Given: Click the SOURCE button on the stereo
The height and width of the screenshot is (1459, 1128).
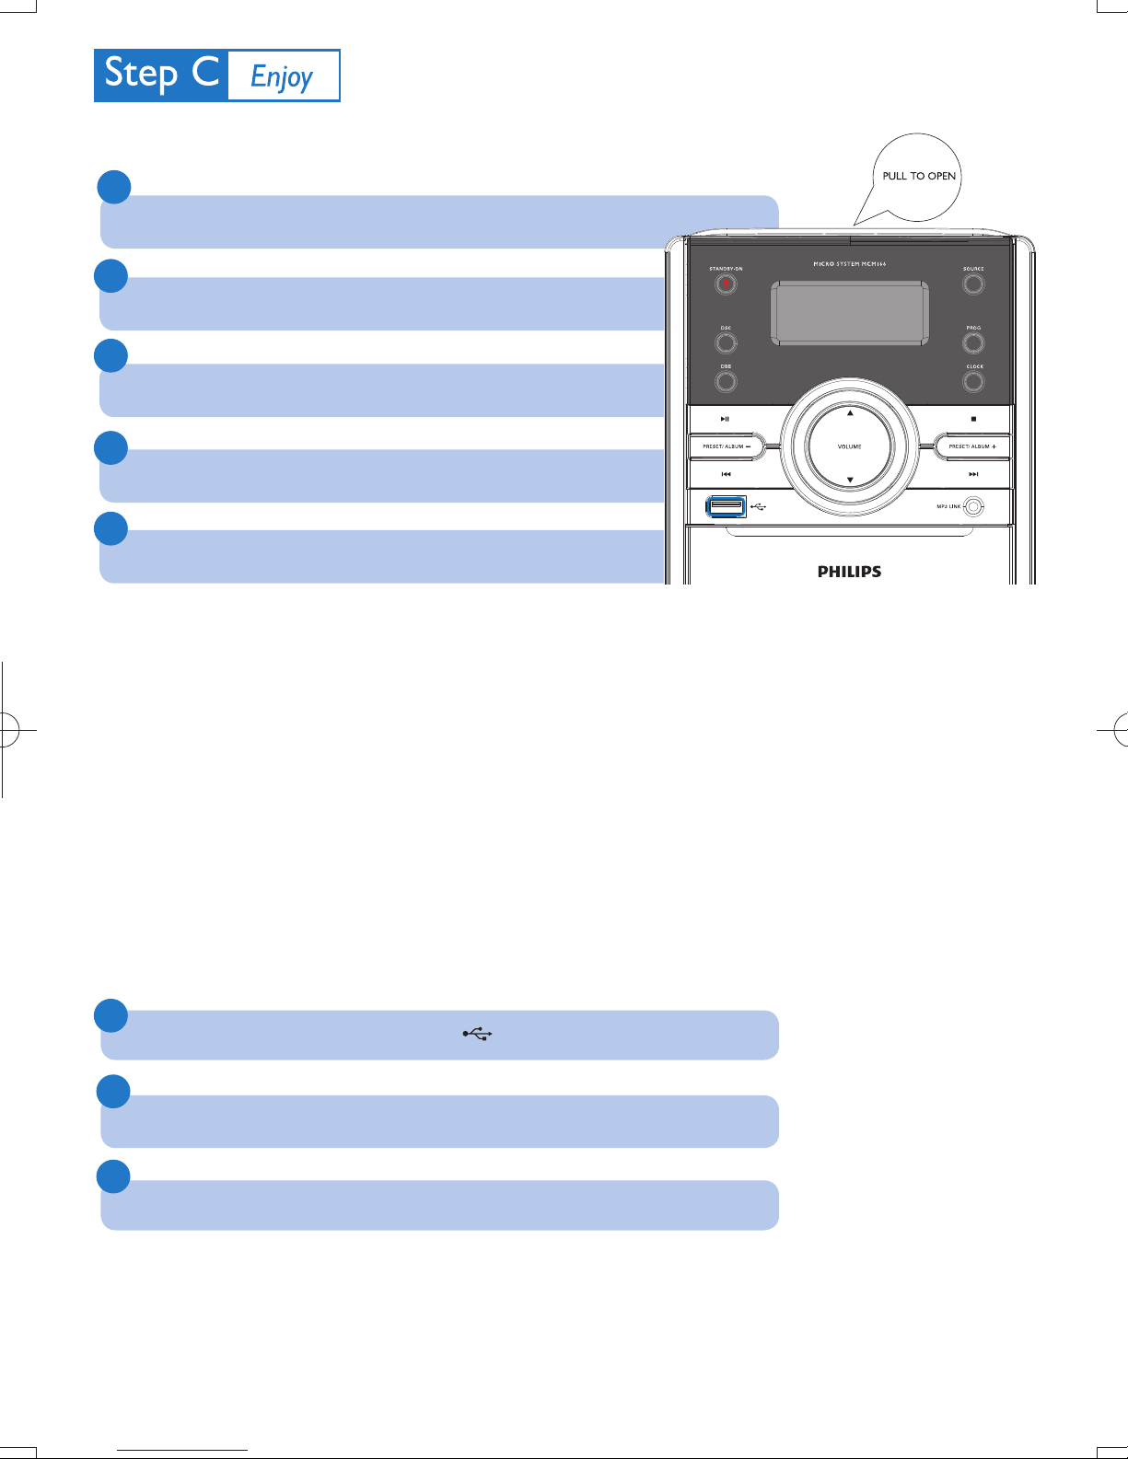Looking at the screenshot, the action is tap(973, 284).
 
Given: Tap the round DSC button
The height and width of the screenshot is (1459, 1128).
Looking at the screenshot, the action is tap(726, 343).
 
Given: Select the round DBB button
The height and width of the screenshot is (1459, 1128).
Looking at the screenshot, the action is tap(726, 381).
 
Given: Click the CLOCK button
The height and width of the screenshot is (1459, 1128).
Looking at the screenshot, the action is tap(973, 381).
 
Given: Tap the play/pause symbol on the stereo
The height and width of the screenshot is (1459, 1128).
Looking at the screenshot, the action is tap(725, 419).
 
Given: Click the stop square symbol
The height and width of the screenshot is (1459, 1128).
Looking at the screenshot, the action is tap(973, 419).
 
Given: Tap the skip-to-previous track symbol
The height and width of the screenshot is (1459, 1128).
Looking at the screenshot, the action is tap(726, 474).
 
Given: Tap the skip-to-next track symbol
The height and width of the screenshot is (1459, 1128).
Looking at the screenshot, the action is tap(973, 474).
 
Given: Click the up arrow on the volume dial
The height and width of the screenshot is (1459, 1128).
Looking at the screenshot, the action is tap(850, 413).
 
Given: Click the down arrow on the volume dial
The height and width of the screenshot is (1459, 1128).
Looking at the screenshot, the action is tap(850, 480).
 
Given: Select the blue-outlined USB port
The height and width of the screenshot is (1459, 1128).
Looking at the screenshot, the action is tap(726, 506).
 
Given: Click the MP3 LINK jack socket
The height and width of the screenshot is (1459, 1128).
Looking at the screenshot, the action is tap(974, 506).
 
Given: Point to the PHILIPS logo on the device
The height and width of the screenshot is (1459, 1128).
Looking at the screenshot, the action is tap(849, 572).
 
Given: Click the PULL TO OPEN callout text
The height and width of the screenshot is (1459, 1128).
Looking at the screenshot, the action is tap(919, 176).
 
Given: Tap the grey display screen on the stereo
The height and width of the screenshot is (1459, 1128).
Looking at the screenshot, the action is tap(850, 313).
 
